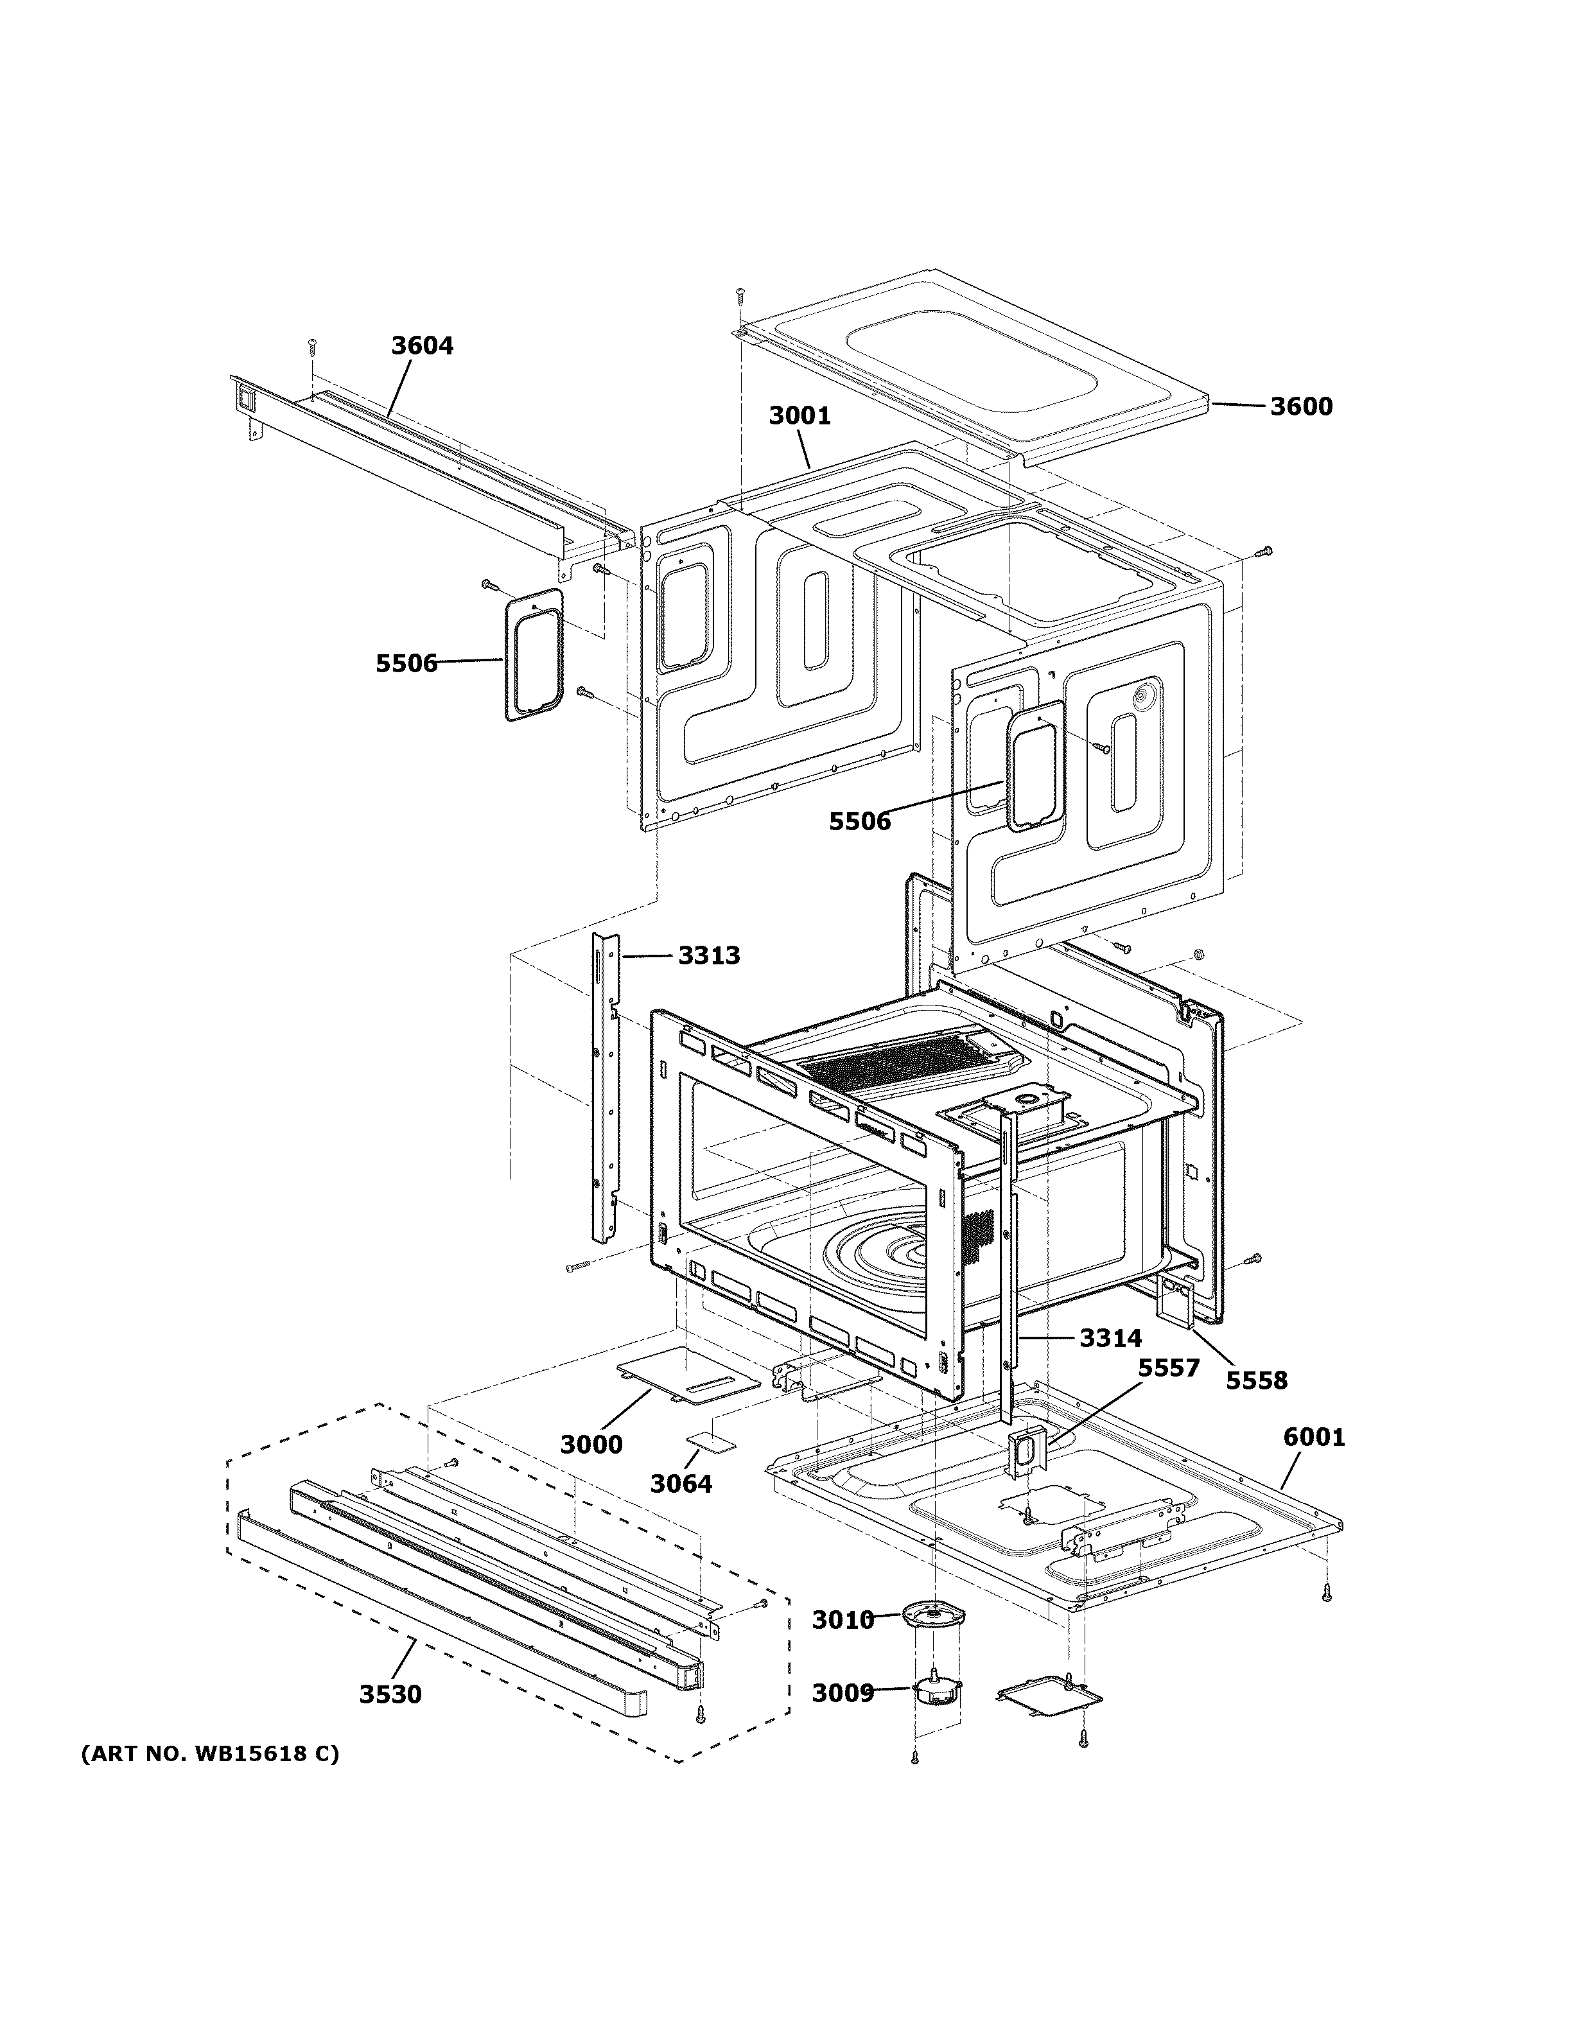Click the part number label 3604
coord(422,345)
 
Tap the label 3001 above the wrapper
coord(799,415)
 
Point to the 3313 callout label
coord(709,955)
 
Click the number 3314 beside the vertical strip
coord(1110,1338)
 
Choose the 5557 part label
coord(1169,1368)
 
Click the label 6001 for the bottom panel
coord(1314,1438)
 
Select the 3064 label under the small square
coord(681,1484)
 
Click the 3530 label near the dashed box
coord(390,1694)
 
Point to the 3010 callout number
coord(843,1621)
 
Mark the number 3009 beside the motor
coord(843,1693)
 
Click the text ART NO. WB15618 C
coord(211,1753)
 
